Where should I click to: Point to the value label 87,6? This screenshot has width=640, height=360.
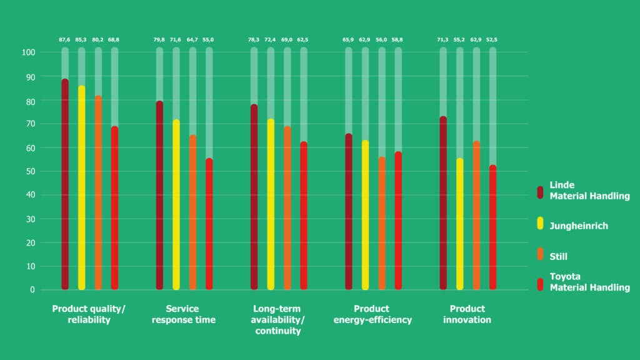coord(65,40)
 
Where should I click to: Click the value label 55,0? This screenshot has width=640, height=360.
coord(209,40)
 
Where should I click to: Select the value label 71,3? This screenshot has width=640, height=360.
coord(442,40)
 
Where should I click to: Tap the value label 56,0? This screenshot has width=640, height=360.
coord(381,40)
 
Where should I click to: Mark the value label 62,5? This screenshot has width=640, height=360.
coord(303,40)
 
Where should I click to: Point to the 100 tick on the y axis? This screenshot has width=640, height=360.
coord(28,52)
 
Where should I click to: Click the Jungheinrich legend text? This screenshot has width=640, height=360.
coord(578,226)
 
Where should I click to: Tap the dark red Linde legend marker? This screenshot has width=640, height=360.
coord(540,191)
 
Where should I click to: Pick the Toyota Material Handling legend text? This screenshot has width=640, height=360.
coord(589,282)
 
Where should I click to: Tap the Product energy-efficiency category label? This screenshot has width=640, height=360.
coord(372,314)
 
